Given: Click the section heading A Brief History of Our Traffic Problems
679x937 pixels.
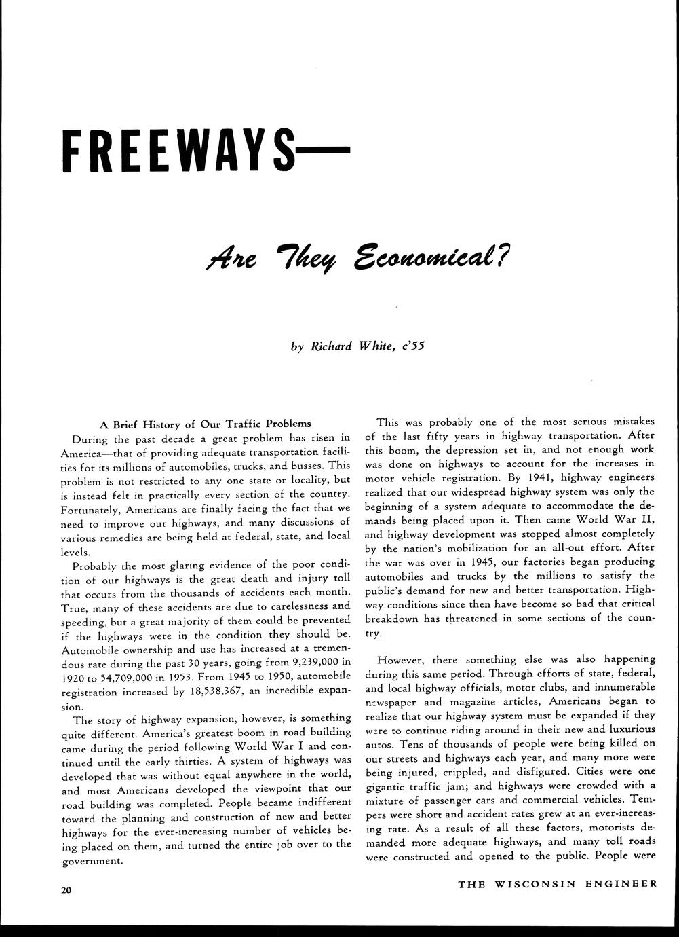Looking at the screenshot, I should click(206, 424).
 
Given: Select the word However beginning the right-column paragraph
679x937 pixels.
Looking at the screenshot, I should click(399, 659).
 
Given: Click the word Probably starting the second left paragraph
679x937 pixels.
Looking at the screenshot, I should click(96, 565).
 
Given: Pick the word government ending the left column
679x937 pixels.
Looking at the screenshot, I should click(92, 861).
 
